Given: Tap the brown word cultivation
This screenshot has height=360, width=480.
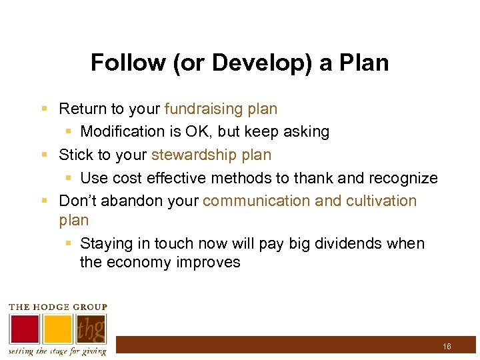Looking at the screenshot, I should coord(381,201).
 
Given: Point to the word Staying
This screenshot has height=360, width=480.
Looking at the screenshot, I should coord(105,243).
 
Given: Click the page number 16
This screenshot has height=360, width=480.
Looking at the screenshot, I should coord(447,347).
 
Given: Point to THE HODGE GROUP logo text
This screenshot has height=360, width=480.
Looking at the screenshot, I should coord(57,307).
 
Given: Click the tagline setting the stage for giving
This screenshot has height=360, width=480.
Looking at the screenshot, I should coord(57,351).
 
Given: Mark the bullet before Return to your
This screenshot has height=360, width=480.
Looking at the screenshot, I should coord(44,109).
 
